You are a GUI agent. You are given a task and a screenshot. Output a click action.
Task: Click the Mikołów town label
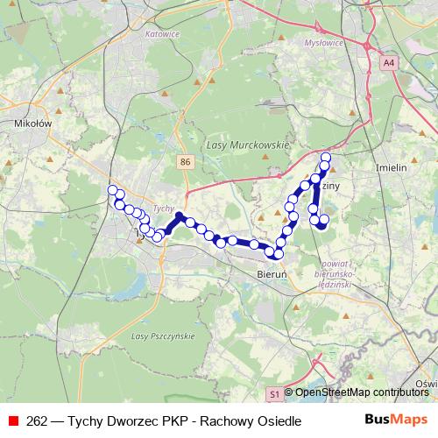34,124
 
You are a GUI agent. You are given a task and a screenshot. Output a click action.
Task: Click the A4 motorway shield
389,63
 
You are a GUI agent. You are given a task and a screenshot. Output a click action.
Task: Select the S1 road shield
274,394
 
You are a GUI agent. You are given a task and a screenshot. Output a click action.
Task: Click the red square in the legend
13,420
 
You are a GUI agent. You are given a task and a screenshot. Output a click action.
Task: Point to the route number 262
38,420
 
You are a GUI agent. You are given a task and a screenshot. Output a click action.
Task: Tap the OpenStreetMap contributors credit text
361,393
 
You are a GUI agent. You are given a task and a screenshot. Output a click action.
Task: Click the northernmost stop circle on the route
326,158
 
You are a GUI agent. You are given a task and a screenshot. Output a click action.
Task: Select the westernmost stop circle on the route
112,190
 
